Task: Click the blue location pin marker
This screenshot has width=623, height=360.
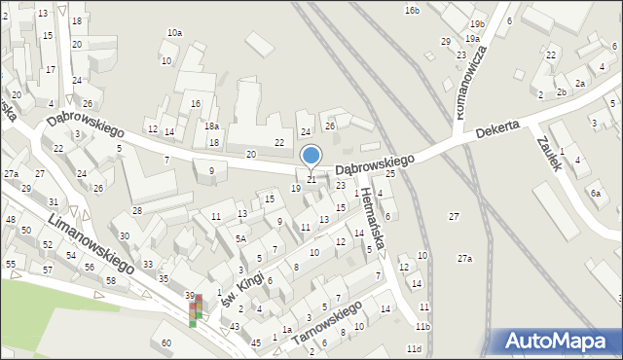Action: [311, 156]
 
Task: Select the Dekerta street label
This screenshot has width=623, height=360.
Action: [496, 130]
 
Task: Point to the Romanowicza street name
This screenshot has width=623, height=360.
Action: [469, 86]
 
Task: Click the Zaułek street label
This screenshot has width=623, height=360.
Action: [550, 153]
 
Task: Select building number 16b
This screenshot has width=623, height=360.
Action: [412, 10]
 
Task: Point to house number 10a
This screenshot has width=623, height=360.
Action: [174, 33]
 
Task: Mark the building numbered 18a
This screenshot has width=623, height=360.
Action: [211, 126]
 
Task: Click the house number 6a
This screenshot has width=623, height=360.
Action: [595, 194]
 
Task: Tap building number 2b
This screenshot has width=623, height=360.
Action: [562, 92]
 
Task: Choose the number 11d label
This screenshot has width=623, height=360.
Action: [415, 348]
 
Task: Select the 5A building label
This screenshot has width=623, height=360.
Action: [239, 238]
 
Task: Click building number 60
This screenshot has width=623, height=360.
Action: [166, 342]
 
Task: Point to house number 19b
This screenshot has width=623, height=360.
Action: [476, 23]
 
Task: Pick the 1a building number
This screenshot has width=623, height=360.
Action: [287, 330]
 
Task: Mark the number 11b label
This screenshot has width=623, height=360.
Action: [422, 326]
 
